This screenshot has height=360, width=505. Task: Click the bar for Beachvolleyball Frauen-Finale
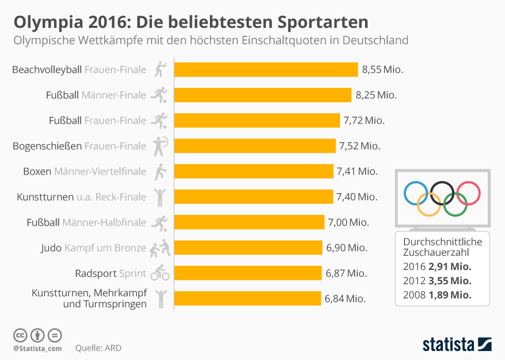[266, 69]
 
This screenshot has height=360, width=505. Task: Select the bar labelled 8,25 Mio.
[262, 95]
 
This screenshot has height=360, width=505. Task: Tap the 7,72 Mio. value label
[364, 121]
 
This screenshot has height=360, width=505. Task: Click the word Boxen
[37, 172]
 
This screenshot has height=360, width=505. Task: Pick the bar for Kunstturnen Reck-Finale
[254, 197]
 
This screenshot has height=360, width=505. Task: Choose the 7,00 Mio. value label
[348, 223]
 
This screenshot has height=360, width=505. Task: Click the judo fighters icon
[160, 248]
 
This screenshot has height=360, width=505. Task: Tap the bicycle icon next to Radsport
[160, 273]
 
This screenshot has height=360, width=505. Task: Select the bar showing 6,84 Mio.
[247, 298]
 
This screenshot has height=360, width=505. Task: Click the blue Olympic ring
[416, 193]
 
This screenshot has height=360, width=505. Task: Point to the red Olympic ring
[468, 193]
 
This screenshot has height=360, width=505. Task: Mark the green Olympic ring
[455, 204]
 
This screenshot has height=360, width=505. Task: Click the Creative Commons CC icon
[20, 335]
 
